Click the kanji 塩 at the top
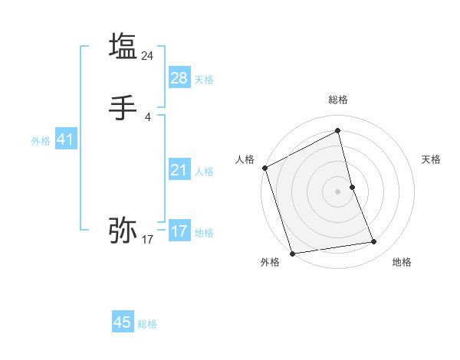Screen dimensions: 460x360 pos(123,45)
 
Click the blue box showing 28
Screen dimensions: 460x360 pos(179,78)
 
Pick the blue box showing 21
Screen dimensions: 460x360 pos(179,170)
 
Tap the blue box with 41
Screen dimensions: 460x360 pos(65,139)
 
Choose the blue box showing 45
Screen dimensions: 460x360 pos(123,322)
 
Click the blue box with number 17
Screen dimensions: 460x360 pos(179,231)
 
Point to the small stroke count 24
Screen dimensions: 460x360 pos(148,55)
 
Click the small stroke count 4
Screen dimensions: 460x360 pos(148,117)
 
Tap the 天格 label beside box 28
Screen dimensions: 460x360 pos(204,80)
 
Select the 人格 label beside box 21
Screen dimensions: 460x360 pos(204,172)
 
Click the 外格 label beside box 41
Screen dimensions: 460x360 pos(41,141)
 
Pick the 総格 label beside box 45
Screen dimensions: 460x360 pos(147,324)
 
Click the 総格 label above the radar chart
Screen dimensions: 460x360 pos(338,100)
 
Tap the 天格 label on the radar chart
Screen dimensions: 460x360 pos(432,159)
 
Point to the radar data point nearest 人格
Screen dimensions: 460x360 pos(264,168)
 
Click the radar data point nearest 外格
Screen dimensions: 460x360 pos(291,253)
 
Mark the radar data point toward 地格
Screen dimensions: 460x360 pos(374,242)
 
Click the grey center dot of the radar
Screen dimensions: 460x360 pos(338,191)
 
